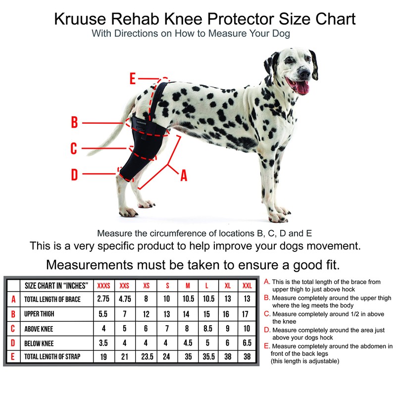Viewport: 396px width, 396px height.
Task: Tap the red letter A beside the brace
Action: (x=184, y=175)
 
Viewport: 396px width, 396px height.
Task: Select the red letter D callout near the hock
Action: (x=74, y=174)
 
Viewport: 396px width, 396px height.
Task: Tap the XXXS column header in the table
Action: (x=104, y=286)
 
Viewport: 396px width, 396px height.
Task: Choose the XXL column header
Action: (x=246, y=286)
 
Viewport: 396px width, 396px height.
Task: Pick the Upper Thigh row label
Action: (x=40, y=314)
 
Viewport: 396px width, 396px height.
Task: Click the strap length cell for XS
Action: (x=146, y=356)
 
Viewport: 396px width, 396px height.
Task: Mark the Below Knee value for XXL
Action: (x=246, y=343)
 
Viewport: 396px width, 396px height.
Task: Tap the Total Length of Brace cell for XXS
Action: (x=124, y=299)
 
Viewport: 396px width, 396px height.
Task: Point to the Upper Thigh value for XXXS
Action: (x=104, y=314)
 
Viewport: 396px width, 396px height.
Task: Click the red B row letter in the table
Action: (x=13, y=314)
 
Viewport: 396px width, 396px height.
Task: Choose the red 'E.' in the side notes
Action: (x=267, y=346)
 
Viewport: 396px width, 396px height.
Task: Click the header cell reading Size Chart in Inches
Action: (x=56, y=286)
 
